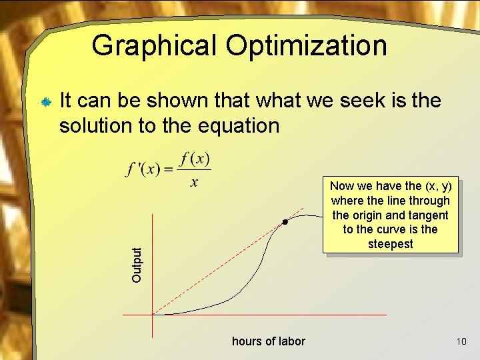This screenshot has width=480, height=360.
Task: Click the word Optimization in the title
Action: pos(306,46)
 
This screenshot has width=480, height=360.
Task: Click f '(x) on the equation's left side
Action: pos(143,169)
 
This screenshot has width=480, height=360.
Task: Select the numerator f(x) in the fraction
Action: pos(195,159)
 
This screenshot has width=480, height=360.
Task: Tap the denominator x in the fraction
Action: pos(194,182)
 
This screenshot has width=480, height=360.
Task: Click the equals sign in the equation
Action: pos(168,170)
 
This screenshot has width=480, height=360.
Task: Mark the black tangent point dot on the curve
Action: pos(284,221)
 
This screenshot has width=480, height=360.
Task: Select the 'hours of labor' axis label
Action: pos(268,341)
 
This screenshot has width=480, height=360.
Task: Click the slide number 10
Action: pos(461,341)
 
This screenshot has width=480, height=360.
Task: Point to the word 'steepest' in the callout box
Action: pos(391,244)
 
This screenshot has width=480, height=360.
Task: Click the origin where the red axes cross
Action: pos(153,314)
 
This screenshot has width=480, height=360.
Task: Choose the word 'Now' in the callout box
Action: pos(342,186)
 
